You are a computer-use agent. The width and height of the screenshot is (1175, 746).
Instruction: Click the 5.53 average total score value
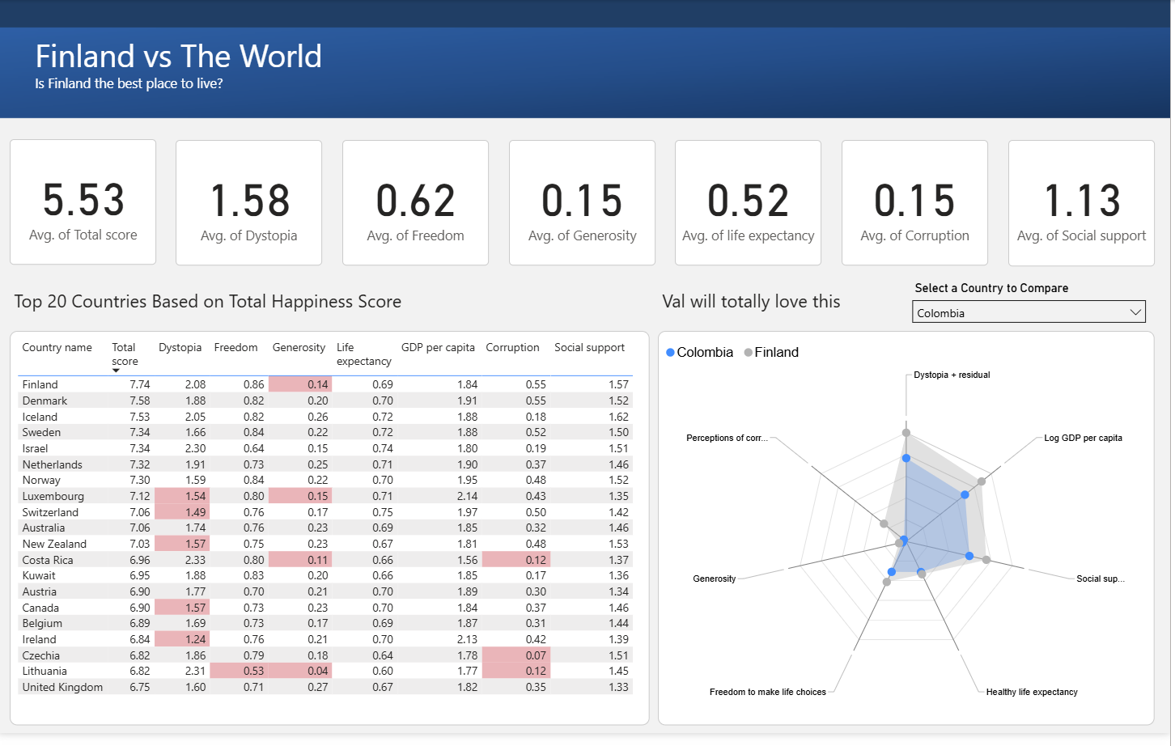pos(83,200)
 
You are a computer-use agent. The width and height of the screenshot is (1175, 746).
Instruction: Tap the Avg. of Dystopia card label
pos(248,235)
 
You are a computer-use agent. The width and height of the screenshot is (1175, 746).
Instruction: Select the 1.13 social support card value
pos(1081,201)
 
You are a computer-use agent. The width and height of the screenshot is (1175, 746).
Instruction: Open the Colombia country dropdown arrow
pos(1135,312)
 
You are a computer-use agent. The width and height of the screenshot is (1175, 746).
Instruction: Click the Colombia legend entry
pos(700,353)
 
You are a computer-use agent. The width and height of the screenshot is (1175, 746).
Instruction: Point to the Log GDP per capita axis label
pos(1083,438)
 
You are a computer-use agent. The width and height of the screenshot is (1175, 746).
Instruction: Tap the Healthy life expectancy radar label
pos(1031,692)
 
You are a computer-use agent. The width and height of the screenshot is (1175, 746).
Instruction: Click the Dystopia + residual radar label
pos(952,375)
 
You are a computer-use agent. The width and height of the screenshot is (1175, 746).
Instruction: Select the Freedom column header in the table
pos(235,347)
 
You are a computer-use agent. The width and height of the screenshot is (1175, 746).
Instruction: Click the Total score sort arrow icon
pos(116,371)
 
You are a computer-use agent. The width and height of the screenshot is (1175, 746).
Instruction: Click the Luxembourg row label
pos(53,496)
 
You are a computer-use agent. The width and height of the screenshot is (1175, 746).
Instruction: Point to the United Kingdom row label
pos(62,687)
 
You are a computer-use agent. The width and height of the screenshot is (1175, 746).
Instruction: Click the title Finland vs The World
pos(178,57)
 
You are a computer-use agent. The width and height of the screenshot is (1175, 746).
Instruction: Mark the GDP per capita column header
pos(438,347)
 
